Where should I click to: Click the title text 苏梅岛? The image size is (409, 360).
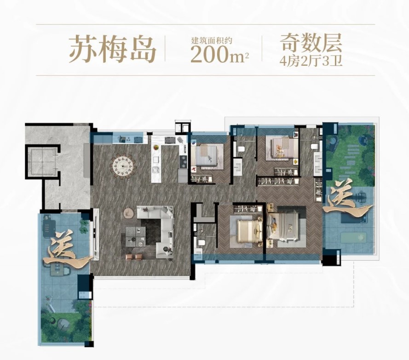(112, 49)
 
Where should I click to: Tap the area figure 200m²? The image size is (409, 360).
(219, 54)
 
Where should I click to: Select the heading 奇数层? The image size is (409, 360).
(311, 44)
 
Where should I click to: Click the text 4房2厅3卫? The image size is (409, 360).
(311, 61)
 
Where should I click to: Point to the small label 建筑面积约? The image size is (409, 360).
(212, 40)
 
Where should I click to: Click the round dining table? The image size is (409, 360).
(123, 166)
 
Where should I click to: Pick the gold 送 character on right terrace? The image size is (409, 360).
(347, 197)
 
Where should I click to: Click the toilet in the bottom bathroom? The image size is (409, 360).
(202, 242)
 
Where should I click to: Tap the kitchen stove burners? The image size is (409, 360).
(184, 161)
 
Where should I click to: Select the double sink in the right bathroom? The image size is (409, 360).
(318, 163)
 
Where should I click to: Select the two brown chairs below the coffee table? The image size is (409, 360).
(135, 257)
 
